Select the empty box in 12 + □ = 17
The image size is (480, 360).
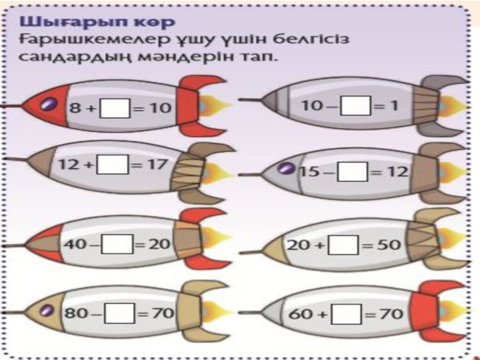click(x=116, y=164)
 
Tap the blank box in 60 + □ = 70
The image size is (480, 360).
click(x=350, y=313)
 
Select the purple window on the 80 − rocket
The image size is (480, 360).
click(x=46, y=311)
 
